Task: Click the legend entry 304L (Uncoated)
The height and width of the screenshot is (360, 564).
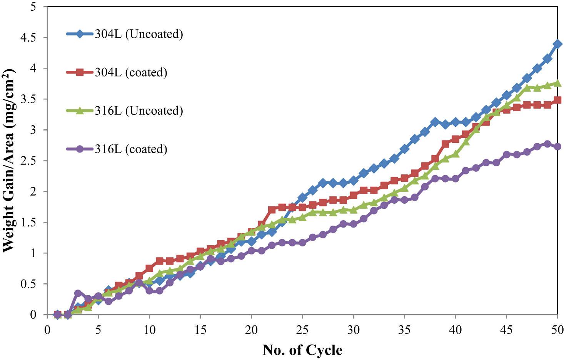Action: point(138,34)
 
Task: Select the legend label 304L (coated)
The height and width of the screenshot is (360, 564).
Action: point(131,72)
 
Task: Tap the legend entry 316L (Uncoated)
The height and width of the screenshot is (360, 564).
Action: point(138,111)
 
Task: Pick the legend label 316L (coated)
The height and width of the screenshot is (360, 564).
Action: point(131,149)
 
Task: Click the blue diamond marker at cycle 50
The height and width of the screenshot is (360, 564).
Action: point(557,44)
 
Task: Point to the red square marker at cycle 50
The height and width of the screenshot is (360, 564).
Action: point(557,100)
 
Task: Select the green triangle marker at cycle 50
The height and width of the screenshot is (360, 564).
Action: point(557,83)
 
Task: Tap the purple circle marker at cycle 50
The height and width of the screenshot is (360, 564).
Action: point(557,146)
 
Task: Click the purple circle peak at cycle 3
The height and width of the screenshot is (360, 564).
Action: point(78,293)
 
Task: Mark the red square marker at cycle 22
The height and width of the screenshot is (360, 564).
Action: point(272,210)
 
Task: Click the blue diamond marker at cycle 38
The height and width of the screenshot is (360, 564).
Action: point(435,122)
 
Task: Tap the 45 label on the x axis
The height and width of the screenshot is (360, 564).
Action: point(506,330)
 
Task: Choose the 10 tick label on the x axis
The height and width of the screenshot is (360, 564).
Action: point(149,330)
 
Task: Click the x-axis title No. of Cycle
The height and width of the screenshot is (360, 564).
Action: point(302,350)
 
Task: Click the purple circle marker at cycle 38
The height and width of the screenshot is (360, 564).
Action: point(435,178)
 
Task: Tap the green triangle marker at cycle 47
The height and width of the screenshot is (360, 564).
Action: point(527,87)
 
